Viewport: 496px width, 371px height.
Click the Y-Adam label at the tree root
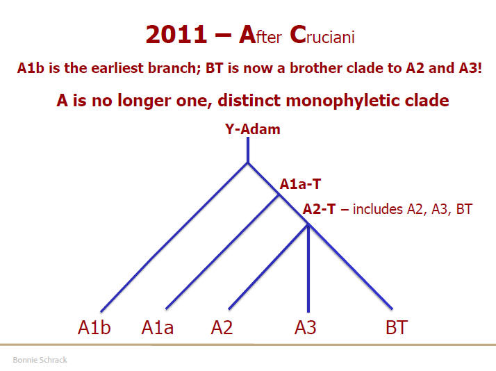pos(252,129)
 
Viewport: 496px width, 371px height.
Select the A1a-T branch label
pos(300,184)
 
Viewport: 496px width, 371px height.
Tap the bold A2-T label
pos(319,209)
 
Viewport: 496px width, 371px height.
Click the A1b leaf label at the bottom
pos(94,327)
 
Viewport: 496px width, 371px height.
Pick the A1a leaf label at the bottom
pos(157,327)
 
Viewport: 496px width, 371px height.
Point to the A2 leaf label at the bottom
pos(222,327)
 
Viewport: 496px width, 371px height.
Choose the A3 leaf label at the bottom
pos(305,327)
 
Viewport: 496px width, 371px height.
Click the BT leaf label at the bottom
pos(397,327)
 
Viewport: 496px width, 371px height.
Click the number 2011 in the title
pos(176,34)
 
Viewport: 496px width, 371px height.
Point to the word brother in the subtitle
pos(314,68)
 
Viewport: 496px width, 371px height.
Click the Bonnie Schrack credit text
pos(40,360)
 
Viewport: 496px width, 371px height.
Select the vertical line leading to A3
pos(308,268)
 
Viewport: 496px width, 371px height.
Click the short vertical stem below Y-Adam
pos(248,150)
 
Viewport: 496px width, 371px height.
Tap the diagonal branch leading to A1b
pos(174,237)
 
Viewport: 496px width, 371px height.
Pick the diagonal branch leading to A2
pos(268,267)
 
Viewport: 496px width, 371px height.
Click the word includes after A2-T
pos(378,209)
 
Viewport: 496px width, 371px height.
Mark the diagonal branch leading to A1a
pos(222,252)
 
